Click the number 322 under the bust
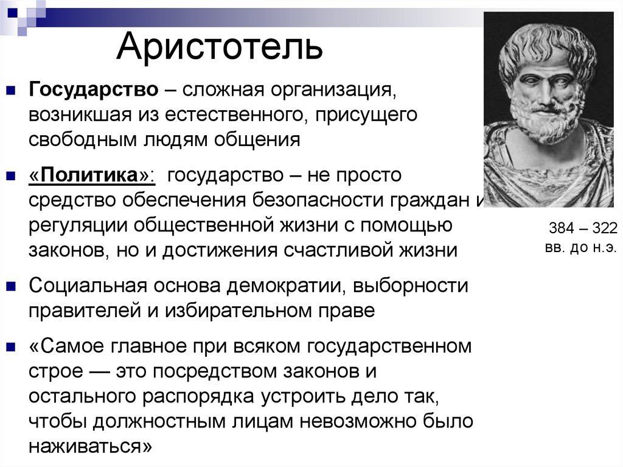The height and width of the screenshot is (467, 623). pos(605,228)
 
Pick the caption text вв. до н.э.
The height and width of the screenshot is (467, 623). pos(581,247)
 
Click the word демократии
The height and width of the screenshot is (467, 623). pos(285,286)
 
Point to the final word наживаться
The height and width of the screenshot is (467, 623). pos(85,446)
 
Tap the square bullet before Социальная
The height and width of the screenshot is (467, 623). pos(11,286)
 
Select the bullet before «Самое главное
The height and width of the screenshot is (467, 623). pos(11,347)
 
